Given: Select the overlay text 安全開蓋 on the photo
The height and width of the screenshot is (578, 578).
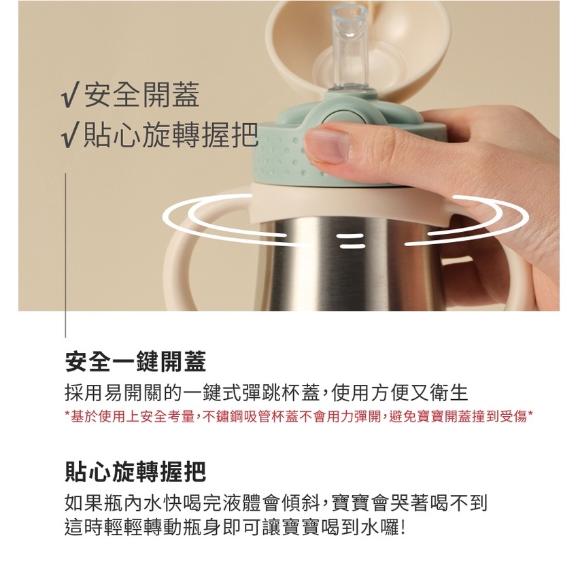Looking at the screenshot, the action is click(x=142, y=95).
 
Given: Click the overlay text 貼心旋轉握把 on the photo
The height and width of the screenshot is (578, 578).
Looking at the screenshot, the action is click(x=171, y=135).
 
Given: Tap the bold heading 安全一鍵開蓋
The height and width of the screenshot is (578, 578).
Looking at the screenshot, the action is click(x=135, y=362).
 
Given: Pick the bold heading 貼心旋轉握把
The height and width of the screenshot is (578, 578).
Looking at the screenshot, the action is click(x=135, y=471).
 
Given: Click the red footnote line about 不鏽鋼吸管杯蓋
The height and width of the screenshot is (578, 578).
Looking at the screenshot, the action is click(x=299, y=416).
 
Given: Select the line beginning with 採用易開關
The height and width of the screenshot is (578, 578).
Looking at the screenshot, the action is click(x=266, y=392).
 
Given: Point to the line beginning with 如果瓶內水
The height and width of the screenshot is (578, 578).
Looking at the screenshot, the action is click(x=276, y=503).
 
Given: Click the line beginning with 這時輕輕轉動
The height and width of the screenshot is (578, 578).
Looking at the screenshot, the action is click(x=235, y=528).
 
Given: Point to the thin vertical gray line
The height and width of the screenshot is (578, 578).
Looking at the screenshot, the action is click(x=65, y=255).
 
